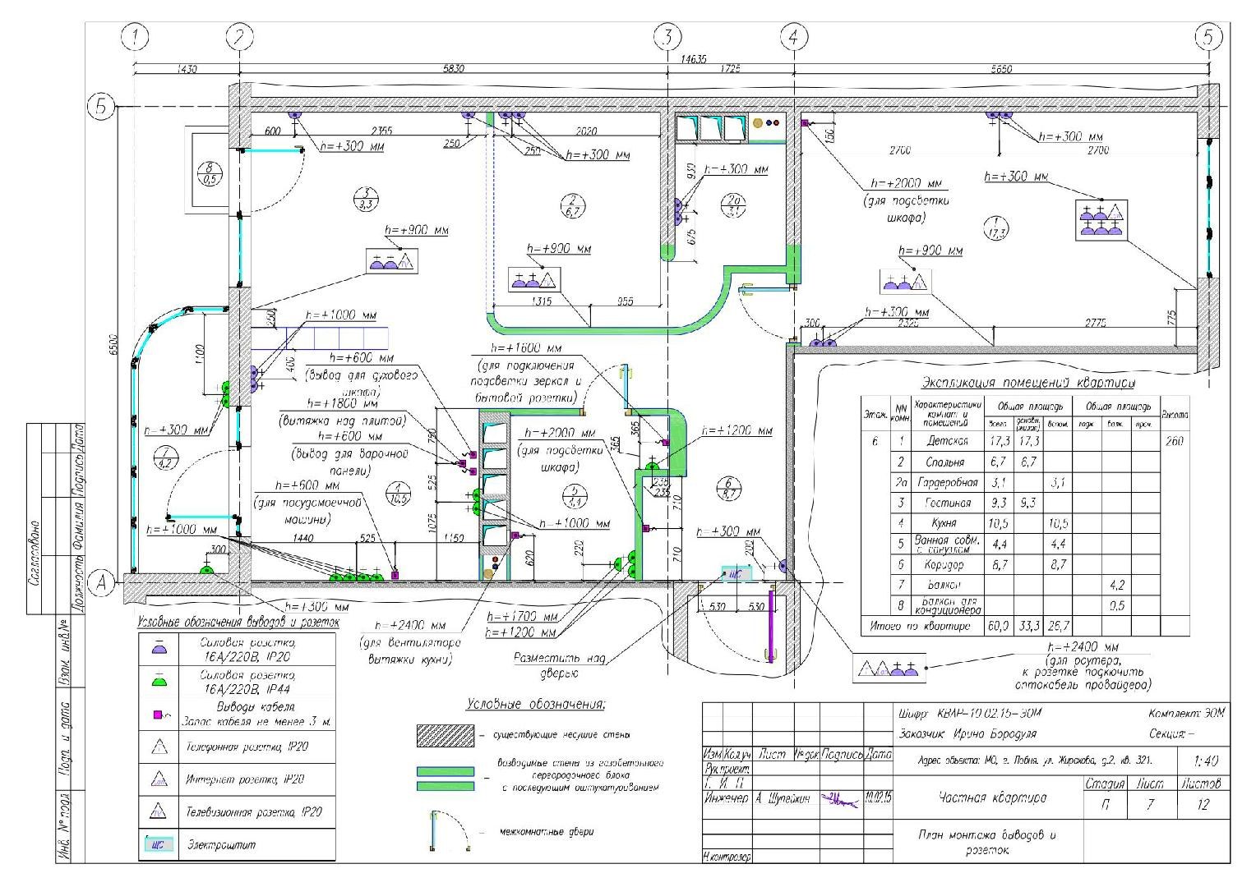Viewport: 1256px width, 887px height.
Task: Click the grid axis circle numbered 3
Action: coord(668,37)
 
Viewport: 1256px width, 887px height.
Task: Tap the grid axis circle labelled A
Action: coord(103,582)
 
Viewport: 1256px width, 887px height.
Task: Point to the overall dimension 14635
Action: coord(692,59)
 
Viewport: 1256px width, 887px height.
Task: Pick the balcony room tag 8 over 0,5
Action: coord(210,174)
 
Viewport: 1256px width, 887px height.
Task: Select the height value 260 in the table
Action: coord(1175,442)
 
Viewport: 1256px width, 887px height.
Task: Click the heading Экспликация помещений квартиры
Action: coord(1027,383)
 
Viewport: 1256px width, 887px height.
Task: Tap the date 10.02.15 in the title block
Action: coord(879,797)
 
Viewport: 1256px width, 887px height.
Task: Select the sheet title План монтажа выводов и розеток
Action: coord(986,842)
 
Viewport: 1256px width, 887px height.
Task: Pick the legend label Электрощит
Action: coord(221,845)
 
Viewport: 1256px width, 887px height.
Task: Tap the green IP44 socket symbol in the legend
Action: coord(160,681)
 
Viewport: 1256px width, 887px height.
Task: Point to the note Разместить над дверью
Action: coord(549,665)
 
